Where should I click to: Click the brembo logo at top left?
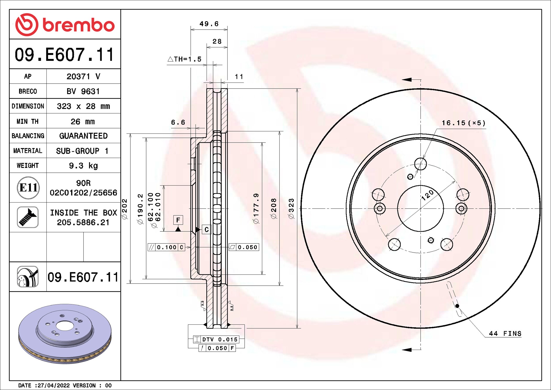[65, 25]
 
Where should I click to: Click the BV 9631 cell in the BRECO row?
[83, 91]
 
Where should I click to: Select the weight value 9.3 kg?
[83, 166]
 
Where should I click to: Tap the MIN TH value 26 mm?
[82, 121]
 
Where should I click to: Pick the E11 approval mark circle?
[28, 188]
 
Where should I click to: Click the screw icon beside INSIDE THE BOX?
[28, 217]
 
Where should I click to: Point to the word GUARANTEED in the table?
[83, 136]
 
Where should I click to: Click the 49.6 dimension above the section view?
[209, 24]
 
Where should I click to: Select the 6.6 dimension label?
[178, 122]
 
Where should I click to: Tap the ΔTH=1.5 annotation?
[185, 59]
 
